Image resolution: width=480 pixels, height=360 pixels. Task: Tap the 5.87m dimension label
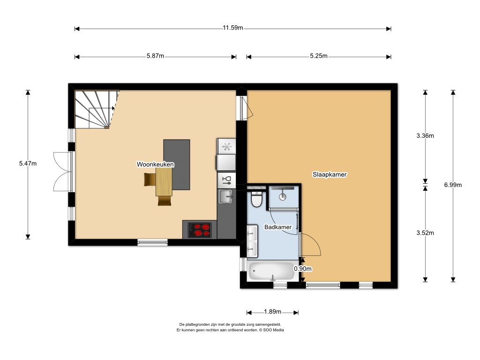tap(155, 56)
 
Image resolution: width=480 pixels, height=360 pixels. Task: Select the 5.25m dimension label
tap(319, 56)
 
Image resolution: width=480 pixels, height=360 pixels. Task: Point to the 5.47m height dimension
tap(28, 164)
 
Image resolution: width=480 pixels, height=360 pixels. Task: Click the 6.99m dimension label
tap(453, 185)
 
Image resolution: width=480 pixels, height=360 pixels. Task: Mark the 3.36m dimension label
tap(425, 135)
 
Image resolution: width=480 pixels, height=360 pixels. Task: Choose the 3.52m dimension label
tap(425, 233)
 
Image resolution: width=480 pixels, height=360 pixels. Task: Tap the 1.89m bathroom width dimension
tap(272, 312)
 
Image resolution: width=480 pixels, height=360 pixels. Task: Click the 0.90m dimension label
tap(303, 269)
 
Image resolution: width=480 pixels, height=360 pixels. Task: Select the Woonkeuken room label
tap(155, 165)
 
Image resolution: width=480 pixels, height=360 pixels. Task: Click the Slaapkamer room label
tap(330, 174)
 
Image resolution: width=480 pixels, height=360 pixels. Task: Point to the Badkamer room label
tap(278, 227)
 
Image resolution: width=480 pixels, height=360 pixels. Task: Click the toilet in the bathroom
tap(256, 199)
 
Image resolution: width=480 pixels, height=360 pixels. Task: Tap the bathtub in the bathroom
tap(271, 271)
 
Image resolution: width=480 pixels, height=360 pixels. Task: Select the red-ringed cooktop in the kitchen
tap(200, 230)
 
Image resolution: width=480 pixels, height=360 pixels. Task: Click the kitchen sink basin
tap(225, 196)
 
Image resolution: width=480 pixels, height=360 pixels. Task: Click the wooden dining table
tap(164, 182)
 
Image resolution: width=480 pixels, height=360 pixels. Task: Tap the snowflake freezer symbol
tap(226, 147)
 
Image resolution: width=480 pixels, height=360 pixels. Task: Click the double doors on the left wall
tap(63, 172)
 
